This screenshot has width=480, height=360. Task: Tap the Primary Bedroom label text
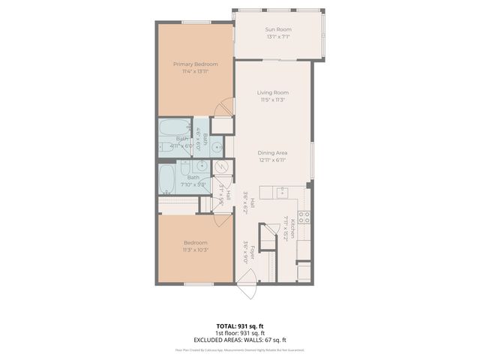pyautogui.click(x=190, y=64)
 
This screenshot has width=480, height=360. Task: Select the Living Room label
pyautogui.click(x=272, y=92)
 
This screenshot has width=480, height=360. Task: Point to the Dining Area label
pyautogui.click(x=273, y=153)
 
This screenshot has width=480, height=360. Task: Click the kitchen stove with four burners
pyautogui.click(x=304, y=217)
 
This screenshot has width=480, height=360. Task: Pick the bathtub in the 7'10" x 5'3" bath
pyautogui.click(x=166, y=178)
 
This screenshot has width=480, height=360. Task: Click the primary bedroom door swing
pyautogui.click(x=223, y=109)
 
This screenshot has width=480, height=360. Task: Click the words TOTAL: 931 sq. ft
pyautogui.click(x=239, y=326)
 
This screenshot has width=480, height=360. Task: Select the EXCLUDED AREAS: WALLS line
pyautogui.click(x=239, y=340)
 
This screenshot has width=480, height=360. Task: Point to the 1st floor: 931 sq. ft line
pyautogui.click(x=239, y=333)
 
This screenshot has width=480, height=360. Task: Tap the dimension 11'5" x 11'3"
pyautogui.click(x=272, y=99)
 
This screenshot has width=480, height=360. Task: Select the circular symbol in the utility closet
pyautogui.click(x=221, y=167)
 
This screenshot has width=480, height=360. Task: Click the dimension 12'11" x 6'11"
pyautogui.click(x=273, y=160)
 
